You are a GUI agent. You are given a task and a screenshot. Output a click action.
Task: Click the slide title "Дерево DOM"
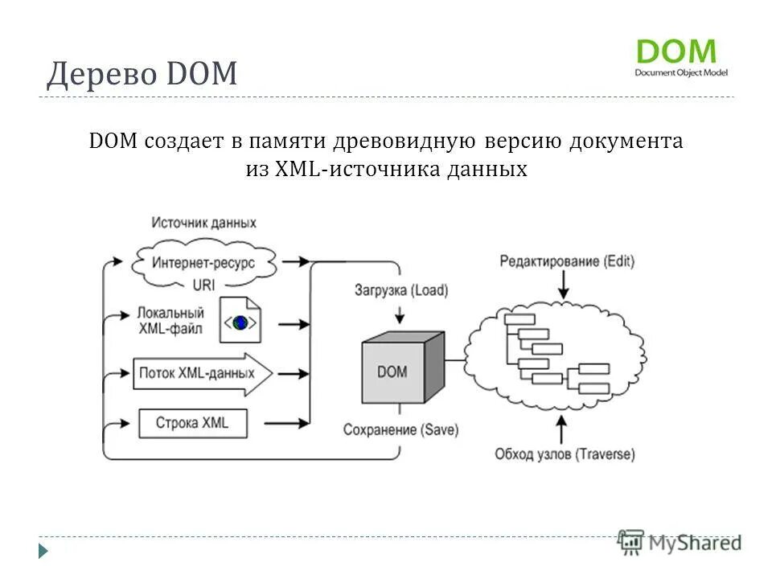[142, 75]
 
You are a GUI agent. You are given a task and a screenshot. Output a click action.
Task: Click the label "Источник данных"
[203, 223]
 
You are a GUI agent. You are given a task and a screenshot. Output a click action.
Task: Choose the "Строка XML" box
[192, 422]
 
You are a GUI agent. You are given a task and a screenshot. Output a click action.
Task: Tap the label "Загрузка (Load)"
[401, 290]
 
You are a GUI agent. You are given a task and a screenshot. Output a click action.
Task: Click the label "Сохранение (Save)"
[400, 430]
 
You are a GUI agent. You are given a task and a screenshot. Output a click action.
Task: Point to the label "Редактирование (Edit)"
[567, 261]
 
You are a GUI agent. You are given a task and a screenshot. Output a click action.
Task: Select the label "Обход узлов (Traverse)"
[565, 454]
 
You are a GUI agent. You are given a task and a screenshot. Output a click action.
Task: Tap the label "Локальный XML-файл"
[170, 321]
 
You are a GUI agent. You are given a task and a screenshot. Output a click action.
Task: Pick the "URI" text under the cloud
[203, 284]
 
